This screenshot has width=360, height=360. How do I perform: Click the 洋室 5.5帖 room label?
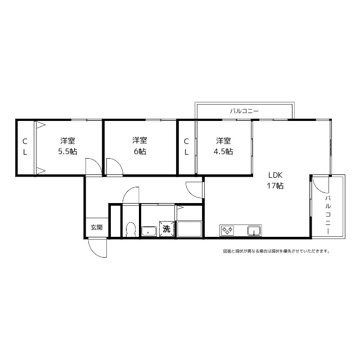[67, 146]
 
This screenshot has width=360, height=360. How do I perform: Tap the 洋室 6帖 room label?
[139, 146]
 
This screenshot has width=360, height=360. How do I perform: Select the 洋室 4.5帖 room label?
[223, 146]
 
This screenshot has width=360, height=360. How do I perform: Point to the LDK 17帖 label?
[275, 180]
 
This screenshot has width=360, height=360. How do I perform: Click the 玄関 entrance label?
[96, 227]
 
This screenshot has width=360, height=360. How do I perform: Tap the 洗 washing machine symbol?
[166, 229]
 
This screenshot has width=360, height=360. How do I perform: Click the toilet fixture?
[131, 229]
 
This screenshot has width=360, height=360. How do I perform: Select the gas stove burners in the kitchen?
[227, 230]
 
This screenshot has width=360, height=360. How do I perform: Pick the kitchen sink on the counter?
[254, 231]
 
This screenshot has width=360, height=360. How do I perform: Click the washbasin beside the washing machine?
[149, 231]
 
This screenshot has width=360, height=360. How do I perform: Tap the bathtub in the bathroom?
[189, 229]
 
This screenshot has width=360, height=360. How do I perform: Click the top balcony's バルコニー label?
[244, 111]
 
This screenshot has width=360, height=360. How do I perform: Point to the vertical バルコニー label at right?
[328, 215]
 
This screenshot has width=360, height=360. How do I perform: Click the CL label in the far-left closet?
[25, 146]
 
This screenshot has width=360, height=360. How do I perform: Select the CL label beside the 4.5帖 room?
[186, 146]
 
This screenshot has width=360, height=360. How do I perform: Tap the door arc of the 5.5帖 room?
[96, 162]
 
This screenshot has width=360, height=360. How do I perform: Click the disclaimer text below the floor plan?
[276, 251]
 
